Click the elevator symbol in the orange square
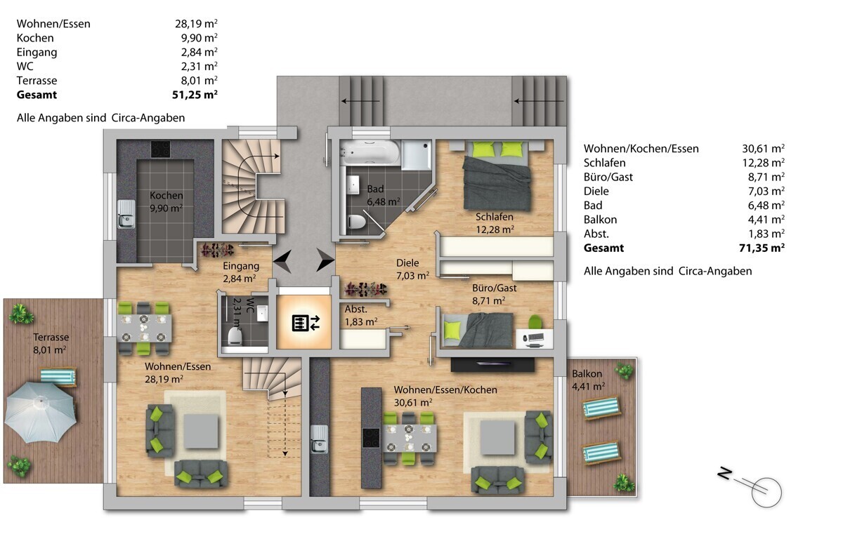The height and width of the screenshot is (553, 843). pyautogui.click(x=306, y=323)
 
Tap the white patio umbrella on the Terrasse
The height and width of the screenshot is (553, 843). pyautogui.click(x=41, y=412)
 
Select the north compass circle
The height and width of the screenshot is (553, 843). pyautogui.click(x=766, y=492)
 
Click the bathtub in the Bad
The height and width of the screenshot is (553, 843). pyautogui.click(x=370, y=152)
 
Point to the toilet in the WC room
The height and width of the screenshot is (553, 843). pyautogui.click(x=235, y=336)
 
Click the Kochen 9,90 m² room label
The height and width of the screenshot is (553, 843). pyautogui.click(x=166, y=201)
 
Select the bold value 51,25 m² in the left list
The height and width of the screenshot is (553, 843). pyautogui.click(x=195, y=94)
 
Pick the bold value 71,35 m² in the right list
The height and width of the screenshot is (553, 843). pyautogui.click(x=762, y=248)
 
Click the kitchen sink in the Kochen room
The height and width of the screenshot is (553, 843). pyautogui.click(x=126, y=214)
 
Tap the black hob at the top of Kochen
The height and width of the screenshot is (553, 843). pyautogui.click(x=161, y=149)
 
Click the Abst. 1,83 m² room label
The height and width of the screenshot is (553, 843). pyautogui.click(x=361, y=315)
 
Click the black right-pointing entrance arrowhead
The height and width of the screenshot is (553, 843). pyautogui.click(x=325, y=260)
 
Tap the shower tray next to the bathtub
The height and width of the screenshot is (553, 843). pyautogui.click(x=416, y=154)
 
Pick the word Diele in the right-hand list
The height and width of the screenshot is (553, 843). pyautogui.click(x=596, y=191)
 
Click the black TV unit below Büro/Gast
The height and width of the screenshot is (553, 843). pyautogui.click(x=492, y=364)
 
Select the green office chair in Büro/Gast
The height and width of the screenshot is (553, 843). pyautogui.click(x=535, y=322)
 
